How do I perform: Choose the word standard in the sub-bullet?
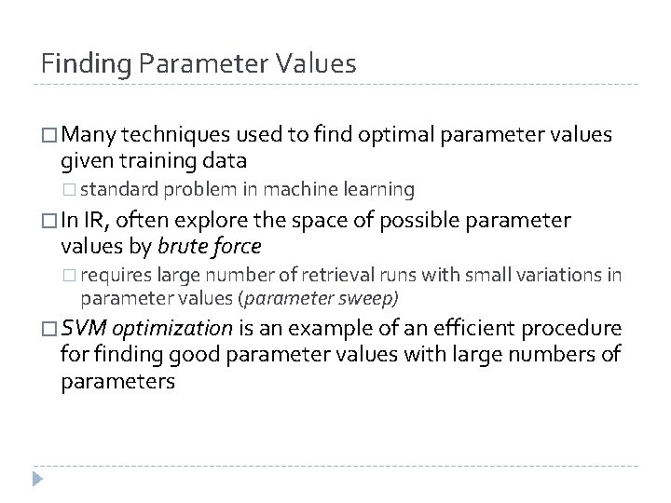point(119,191)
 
